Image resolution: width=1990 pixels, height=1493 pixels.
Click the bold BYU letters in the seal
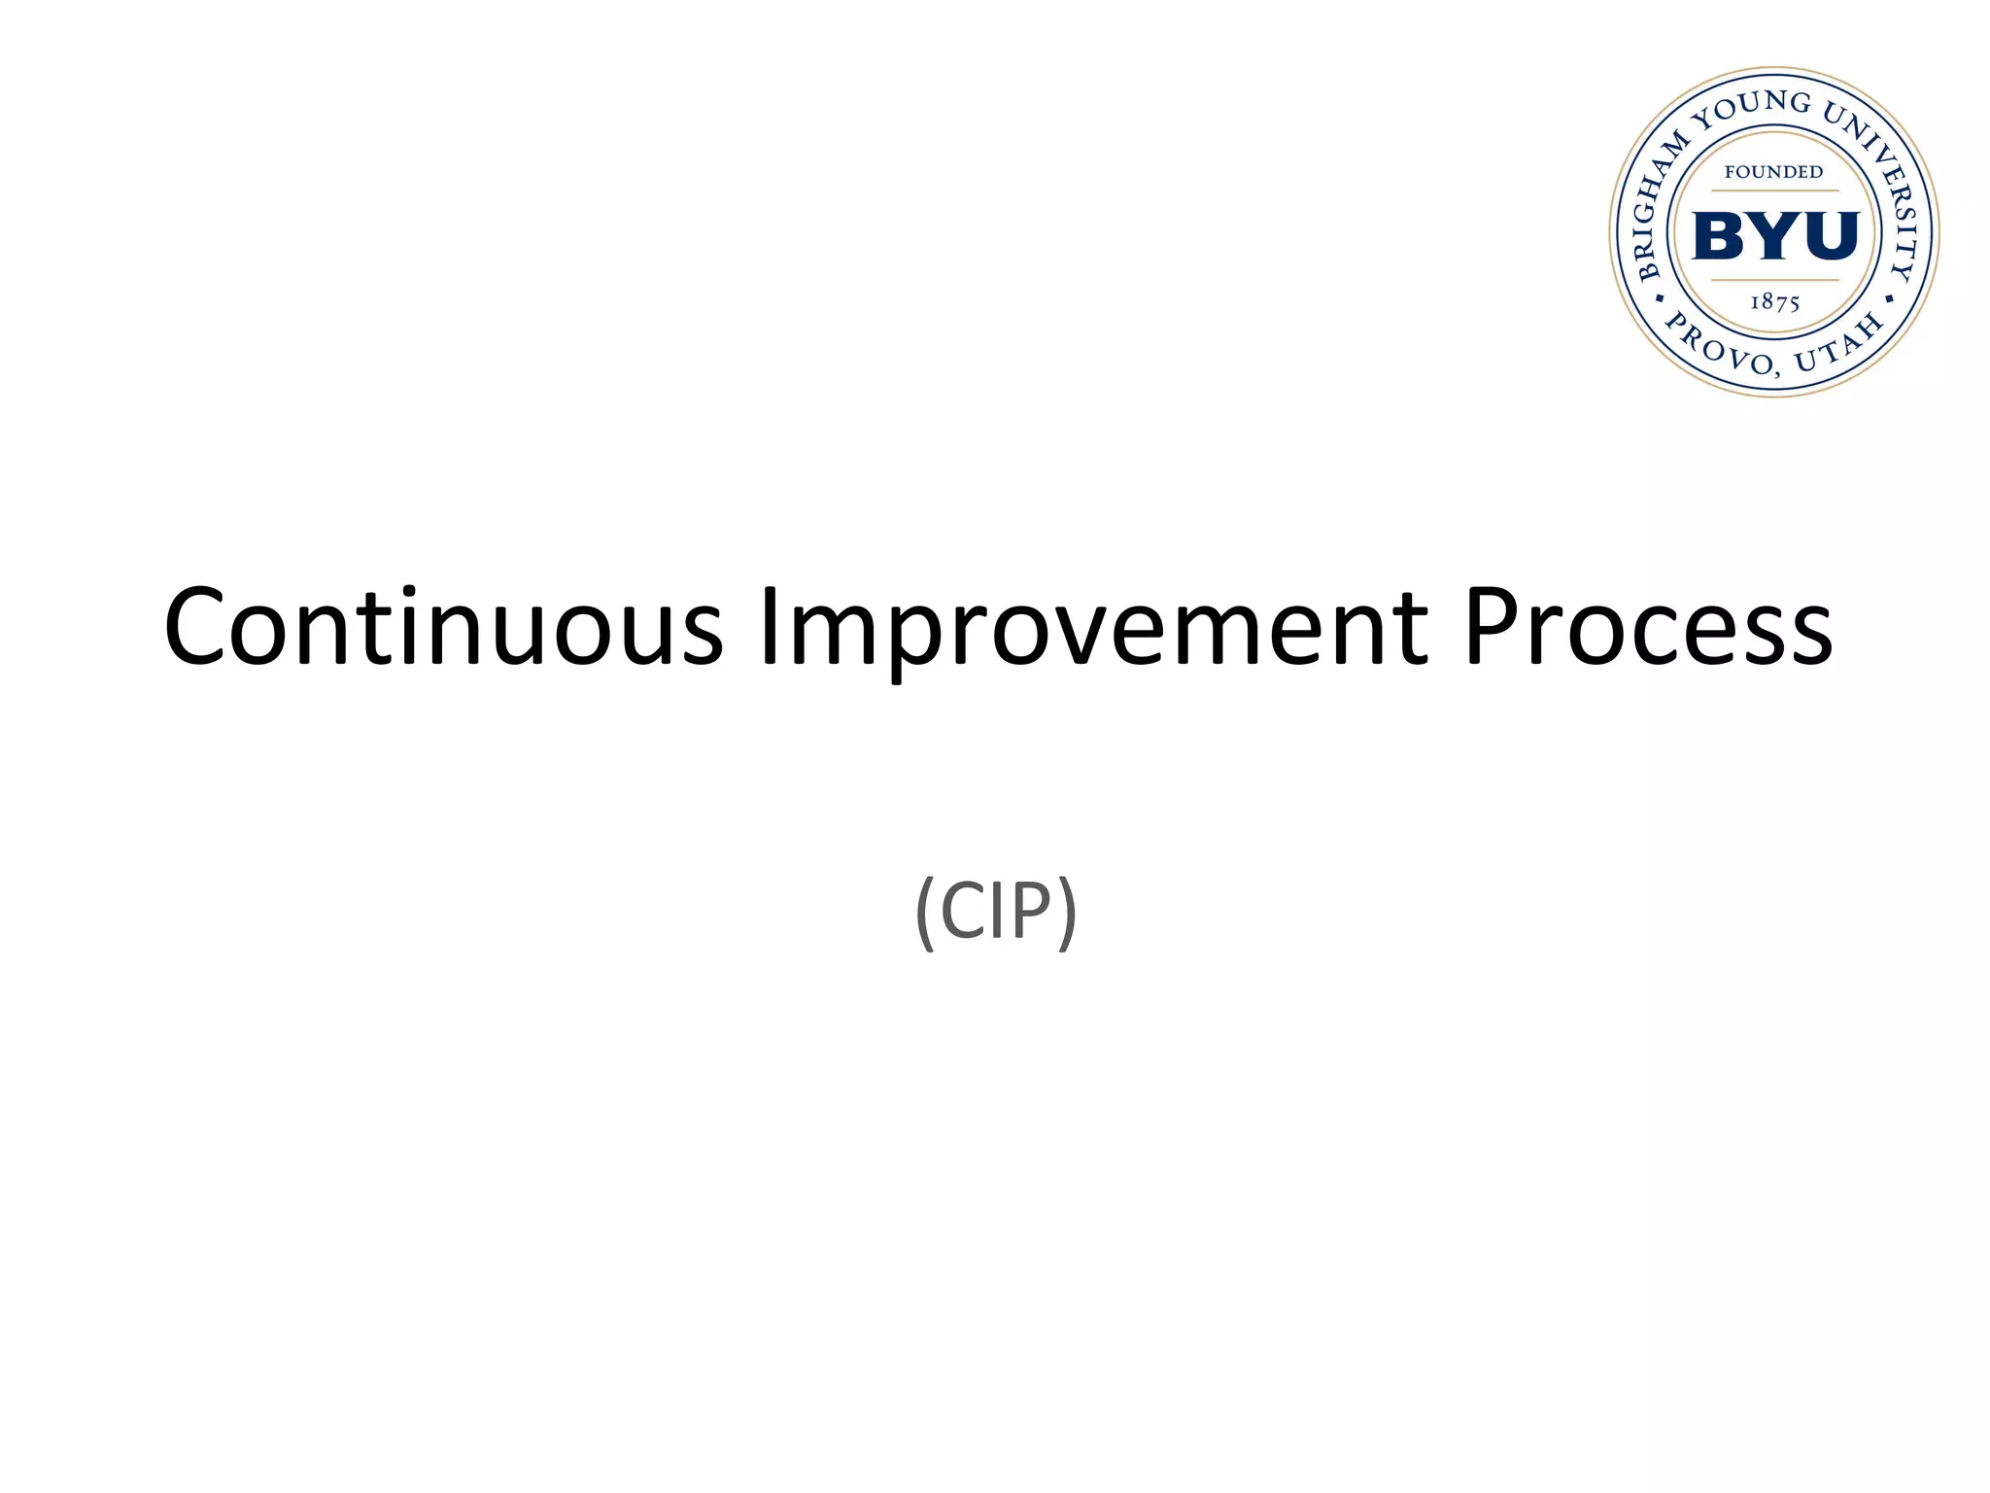[x=1775, y=236]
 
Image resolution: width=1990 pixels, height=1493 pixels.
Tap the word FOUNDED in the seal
[x=1773, y=172]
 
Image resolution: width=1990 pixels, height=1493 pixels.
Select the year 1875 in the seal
[x=1775, y=302]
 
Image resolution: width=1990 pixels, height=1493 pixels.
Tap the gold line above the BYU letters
[x=1775, y=191]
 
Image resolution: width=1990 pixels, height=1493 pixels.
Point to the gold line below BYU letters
[x=1775, y=280]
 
